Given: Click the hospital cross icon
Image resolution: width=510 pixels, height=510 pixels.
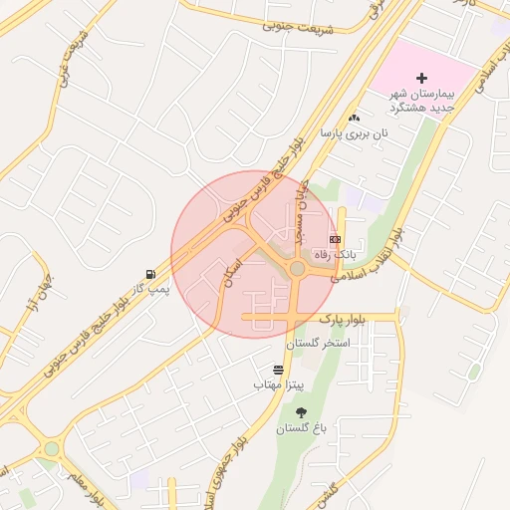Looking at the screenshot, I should [421, 78].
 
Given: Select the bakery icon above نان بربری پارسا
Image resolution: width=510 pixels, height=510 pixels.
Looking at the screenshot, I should [354, 118].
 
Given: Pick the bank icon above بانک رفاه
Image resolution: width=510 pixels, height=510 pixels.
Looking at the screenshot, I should [335, 240].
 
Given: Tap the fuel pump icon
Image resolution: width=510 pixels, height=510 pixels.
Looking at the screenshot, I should [149, 273].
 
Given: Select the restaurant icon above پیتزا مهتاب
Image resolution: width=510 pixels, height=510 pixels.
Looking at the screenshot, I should [278, 369].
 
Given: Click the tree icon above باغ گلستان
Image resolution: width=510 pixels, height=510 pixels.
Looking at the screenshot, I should [301, 412].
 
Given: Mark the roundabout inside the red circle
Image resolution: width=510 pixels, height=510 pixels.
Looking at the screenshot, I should [297, 268].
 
